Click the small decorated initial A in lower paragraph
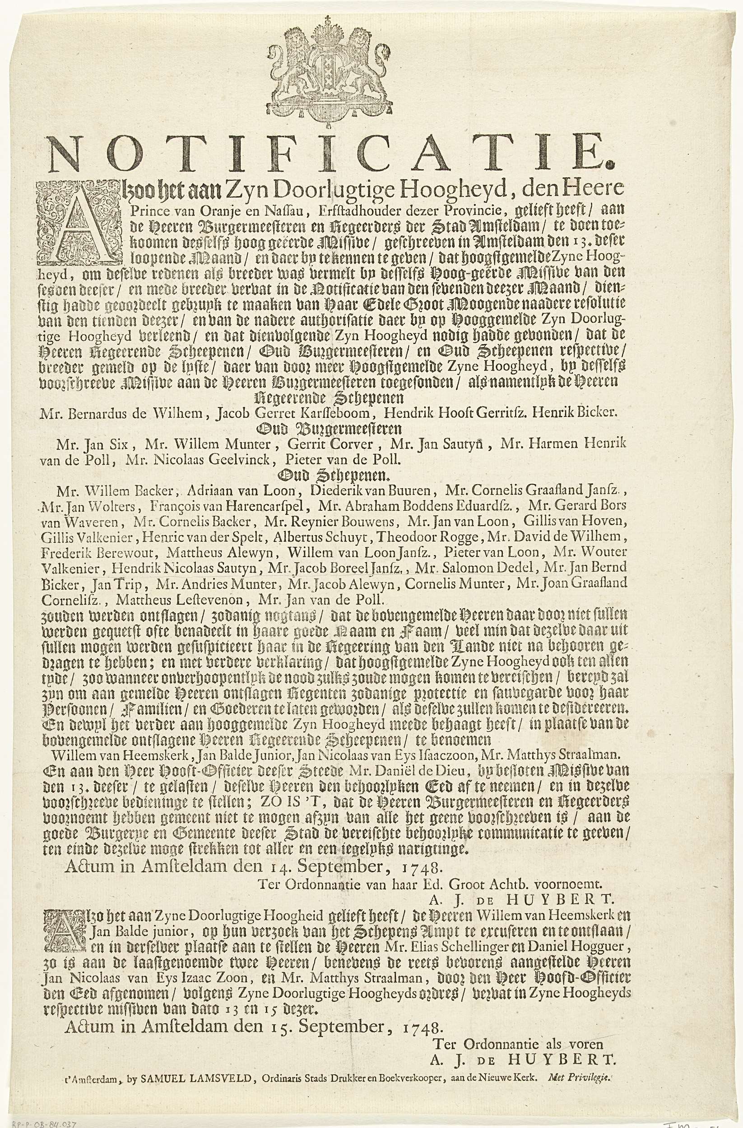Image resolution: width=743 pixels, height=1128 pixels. pos(54,934)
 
